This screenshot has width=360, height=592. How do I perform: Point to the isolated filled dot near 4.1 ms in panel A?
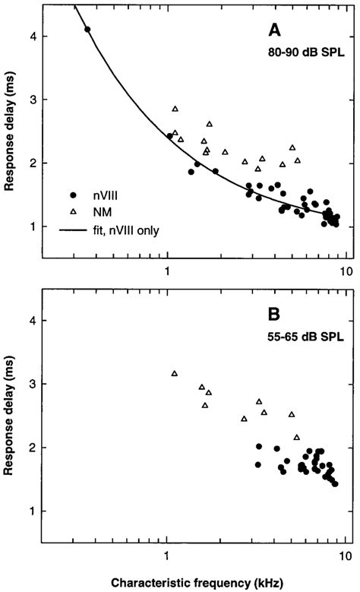coord(87,30)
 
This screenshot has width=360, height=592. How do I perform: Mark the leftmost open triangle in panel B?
coord(175,373)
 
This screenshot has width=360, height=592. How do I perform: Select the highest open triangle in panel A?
coord(175,109)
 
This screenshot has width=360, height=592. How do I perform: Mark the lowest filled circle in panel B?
coord(335,483)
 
